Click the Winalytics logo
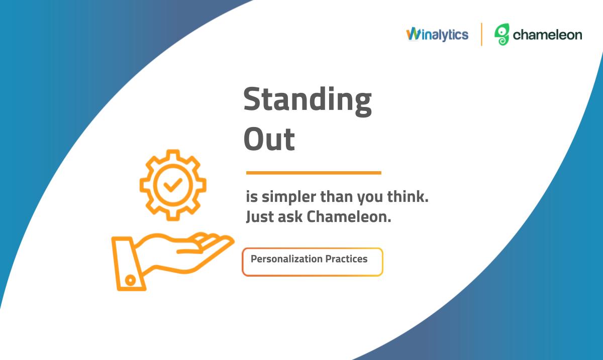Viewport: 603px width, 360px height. (x=437, y=35)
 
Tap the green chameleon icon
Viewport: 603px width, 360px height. (x=502, y=35)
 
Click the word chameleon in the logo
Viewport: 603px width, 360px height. (x=547, y=35)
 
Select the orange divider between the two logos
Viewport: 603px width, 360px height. (x=481, y=35)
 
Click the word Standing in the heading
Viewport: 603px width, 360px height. (x=308, y=101)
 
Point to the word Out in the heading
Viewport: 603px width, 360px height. (x=269, y=139)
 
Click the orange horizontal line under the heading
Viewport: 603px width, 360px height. (x=314, y=173)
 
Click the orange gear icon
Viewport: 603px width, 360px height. (x=173, y=185)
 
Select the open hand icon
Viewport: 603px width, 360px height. (x=172, y=262)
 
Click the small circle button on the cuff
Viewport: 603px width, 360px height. (x=130, y=280)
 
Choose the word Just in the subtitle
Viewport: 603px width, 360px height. (x=260, y=217)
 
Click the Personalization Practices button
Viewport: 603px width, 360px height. (x=312, y=262)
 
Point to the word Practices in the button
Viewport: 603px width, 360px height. (x=346, y=259)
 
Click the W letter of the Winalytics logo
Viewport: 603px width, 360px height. (x=413, y=34)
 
